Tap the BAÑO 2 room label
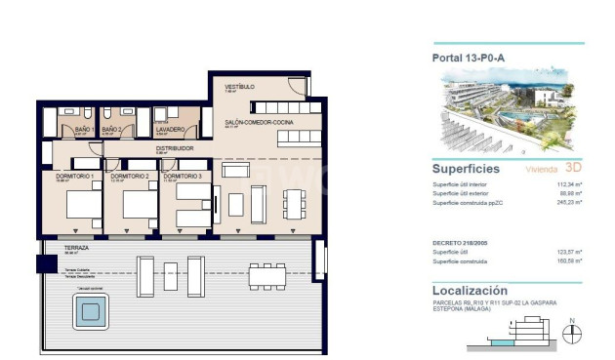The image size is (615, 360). pyautogui.click(x=112, y=128)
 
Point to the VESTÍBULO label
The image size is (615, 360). pyautogui.click(x=239, y=87)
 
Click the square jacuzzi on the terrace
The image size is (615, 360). pyautogui.click(x=91, y=312)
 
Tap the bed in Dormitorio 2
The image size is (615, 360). pyautogui.click(x=140, y=205)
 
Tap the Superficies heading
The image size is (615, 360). pyautogui.click(x=466, y=169)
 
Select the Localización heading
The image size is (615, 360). pyautogui.click(x=470, y=291)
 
